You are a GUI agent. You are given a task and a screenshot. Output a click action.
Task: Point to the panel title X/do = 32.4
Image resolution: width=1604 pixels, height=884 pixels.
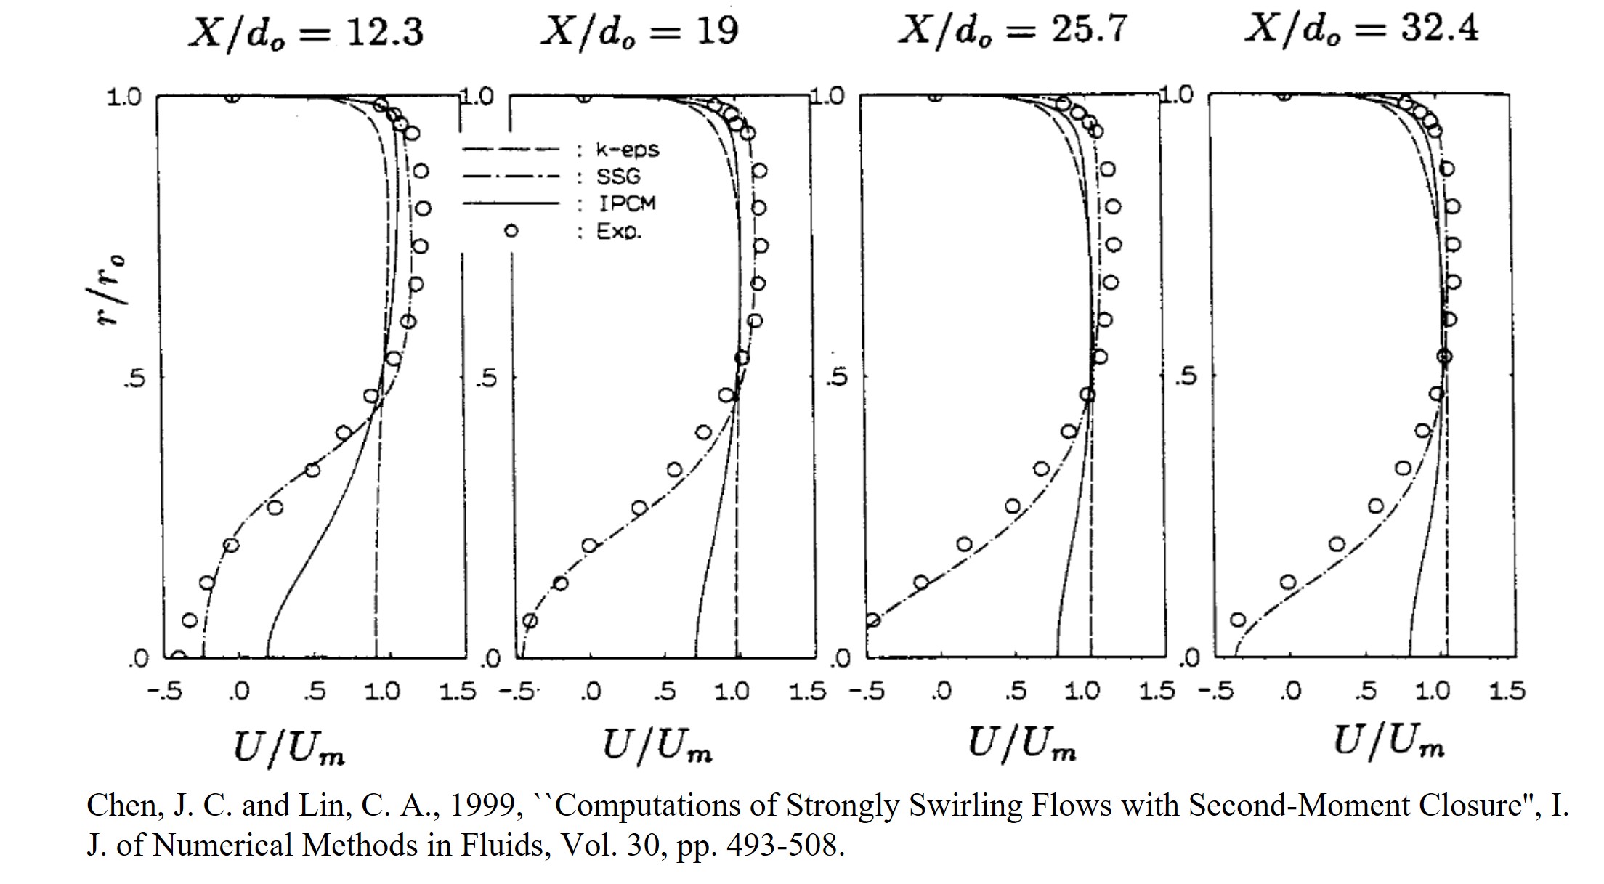[x=1361, y=30]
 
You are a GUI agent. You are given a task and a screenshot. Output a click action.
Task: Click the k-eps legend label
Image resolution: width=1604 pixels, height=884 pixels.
[x=627, y=150]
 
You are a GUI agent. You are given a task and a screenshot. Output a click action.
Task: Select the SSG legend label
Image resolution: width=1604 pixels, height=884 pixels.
[x=618, y=177]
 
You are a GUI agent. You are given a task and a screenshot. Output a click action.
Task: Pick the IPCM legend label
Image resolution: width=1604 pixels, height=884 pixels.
[x=626, y=203]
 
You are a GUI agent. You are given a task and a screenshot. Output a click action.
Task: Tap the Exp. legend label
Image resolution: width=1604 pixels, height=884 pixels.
[x=619, y=232]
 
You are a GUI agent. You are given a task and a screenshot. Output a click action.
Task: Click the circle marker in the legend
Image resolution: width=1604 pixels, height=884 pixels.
[x=511, y=231]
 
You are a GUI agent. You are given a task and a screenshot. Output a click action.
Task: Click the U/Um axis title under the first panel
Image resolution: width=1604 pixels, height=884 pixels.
[x=288, y=748]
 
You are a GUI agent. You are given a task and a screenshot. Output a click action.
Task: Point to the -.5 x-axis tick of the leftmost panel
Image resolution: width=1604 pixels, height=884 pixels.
[x=164, y=691]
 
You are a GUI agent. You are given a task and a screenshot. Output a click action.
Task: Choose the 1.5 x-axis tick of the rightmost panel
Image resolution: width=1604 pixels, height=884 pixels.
[x=1507, y=690]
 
